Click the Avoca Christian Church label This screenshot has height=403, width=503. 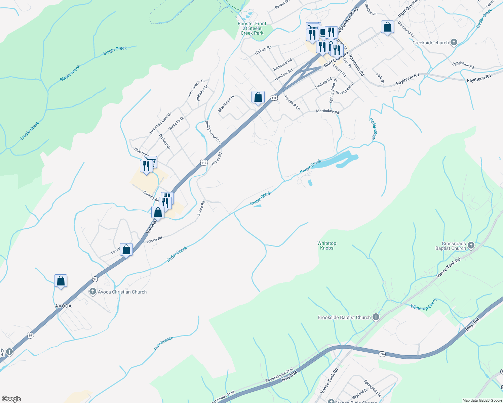coord(122,292)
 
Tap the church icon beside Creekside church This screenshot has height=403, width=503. coord(454,42)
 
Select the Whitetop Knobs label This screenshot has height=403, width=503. coord(326,245)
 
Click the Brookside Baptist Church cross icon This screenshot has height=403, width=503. coord(376,317)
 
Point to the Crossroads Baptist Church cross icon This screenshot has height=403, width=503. coord(471,245)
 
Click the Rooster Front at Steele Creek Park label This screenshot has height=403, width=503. coord(252,28)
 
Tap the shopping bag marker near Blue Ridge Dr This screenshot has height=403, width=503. coord(258,97)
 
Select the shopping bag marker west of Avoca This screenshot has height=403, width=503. coord(61,281)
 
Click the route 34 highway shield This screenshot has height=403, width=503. coord(95,279)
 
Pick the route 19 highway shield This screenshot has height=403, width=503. coord(31,335)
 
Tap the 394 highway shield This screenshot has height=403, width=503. coord(382,354)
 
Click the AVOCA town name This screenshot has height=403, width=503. coord(63,306)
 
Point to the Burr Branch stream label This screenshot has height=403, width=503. coord(163,343)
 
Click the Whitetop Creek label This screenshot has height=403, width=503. coord(423,304)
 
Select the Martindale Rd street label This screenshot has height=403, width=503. coord(327,111)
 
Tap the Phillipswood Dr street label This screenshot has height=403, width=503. coord(212,132)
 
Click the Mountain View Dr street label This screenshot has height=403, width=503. coord(160,123)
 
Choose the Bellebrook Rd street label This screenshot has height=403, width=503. coord(463,65)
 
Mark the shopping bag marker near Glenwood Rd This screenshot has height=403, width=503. coord(387,27)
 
